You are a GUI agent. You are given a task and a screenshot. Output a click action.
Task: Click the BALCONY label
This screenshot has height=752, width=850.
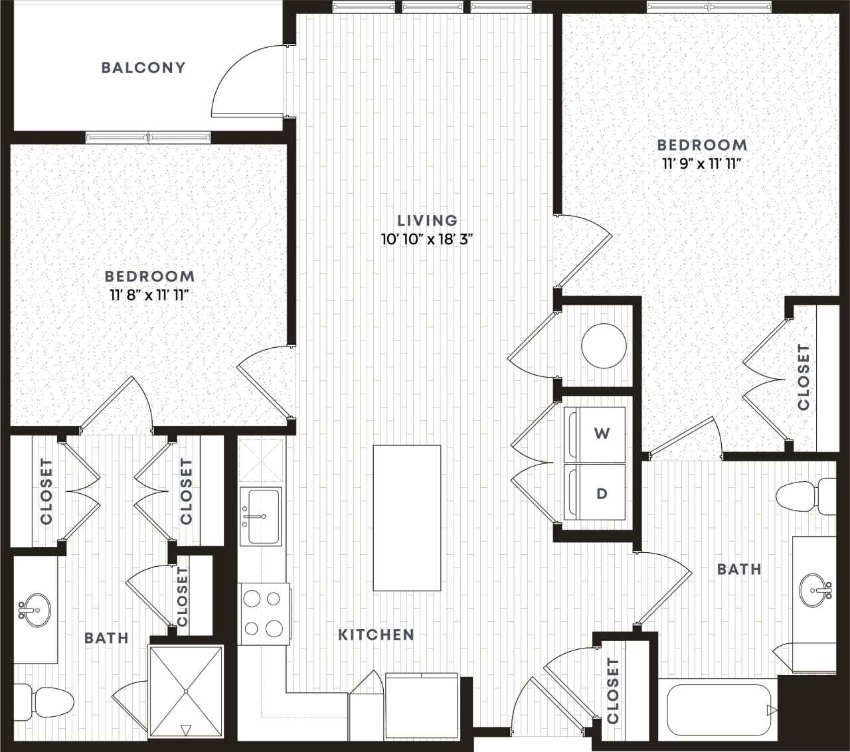tap(143, 68)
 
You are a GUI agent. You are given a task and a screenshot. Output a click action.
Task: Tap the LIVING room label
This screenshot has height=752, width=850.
tap(427, 220)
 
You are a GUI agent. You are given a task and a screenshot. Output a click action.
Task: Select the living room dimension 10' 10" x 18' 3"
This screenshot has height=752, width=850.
tap(427, 240)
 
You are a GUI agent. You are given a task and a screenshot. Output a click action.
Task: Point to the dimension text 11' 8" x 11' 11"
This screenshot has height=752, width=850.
tap(150, 295)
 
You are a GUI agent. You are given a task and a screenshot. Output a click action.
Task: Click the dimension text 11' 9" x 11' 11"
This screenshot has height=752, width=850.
tap(702, 164)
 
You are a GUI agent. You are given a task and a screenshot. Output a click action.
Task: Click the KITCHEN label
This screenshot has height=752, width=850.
tap(376, 635)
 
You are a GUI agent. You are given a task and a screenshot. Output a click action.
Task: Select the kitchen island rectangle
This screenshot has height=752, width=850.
tap(406, 518)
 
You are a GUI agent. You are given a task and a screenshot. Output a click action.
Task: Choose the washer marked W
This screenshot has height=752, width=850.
tap(594, 434)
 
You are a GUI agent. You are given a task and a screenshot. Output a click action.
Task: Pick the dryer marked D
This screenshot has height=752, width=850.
tap(594, 493)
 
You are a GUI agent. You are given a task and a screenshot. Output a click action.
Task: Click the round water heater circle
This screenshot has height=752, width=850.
tap(604, 346)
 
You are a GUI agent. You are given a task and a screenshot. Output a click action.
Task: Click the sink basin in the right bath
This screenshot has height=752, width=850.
tap(815, 589)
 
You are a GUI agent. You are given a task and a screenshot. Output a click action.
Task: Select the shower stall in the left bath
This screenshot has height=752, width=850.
tap(186, 691)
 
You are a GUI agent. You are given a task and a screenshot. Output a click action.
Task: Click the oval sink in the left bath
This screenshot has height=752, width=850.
tap(33, 609)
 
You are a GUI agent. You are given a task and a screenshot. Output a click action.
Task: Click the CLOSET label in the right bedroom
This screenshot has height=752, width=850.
tap(804, 376)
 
